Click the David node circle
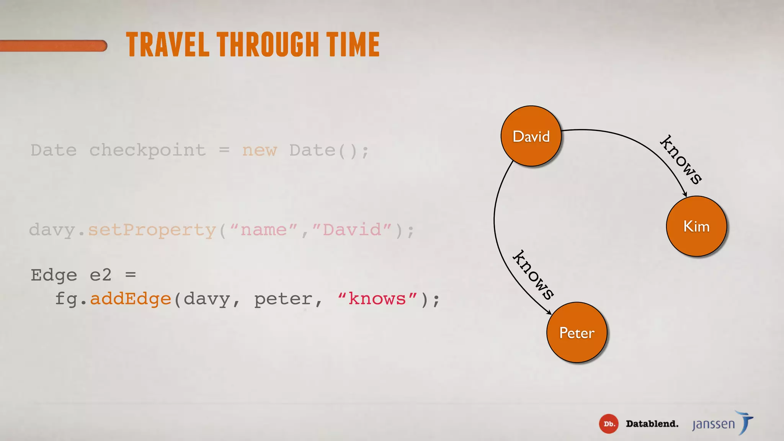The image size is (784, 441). tap(531, 136)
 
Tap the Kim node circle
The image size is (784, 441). tap(696, 226)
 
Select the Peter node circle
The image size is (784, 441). tap(577, 332)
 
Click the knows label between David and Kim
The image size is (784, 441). tap(681, 160)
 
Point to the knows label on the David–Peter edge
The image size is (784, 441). tap(533, 274)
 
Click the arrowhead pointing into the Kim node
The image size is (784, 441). tap(685, 194)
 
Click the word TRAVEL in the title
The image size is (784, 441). tap(168, 45)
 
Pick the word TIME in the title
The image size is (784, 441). tap(353, 45)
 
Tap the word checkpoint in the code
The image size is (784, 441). tap(147, 150)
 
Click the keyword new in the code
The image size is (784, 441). tap(259, 150)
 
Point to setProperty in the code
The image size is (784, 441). tap(152, 230)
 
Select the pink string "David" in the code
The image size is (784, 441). tap(352, 230)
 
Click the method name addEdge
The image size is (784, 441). tap(130, 299)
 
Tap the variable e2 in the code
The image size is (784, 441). tap(100, 275)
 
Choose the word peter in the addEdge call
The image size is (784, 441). tap(283, 299)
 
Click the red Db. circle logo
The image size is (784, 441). tap(608, 424)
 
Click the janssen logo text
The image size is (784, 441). tap(714, 424)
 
